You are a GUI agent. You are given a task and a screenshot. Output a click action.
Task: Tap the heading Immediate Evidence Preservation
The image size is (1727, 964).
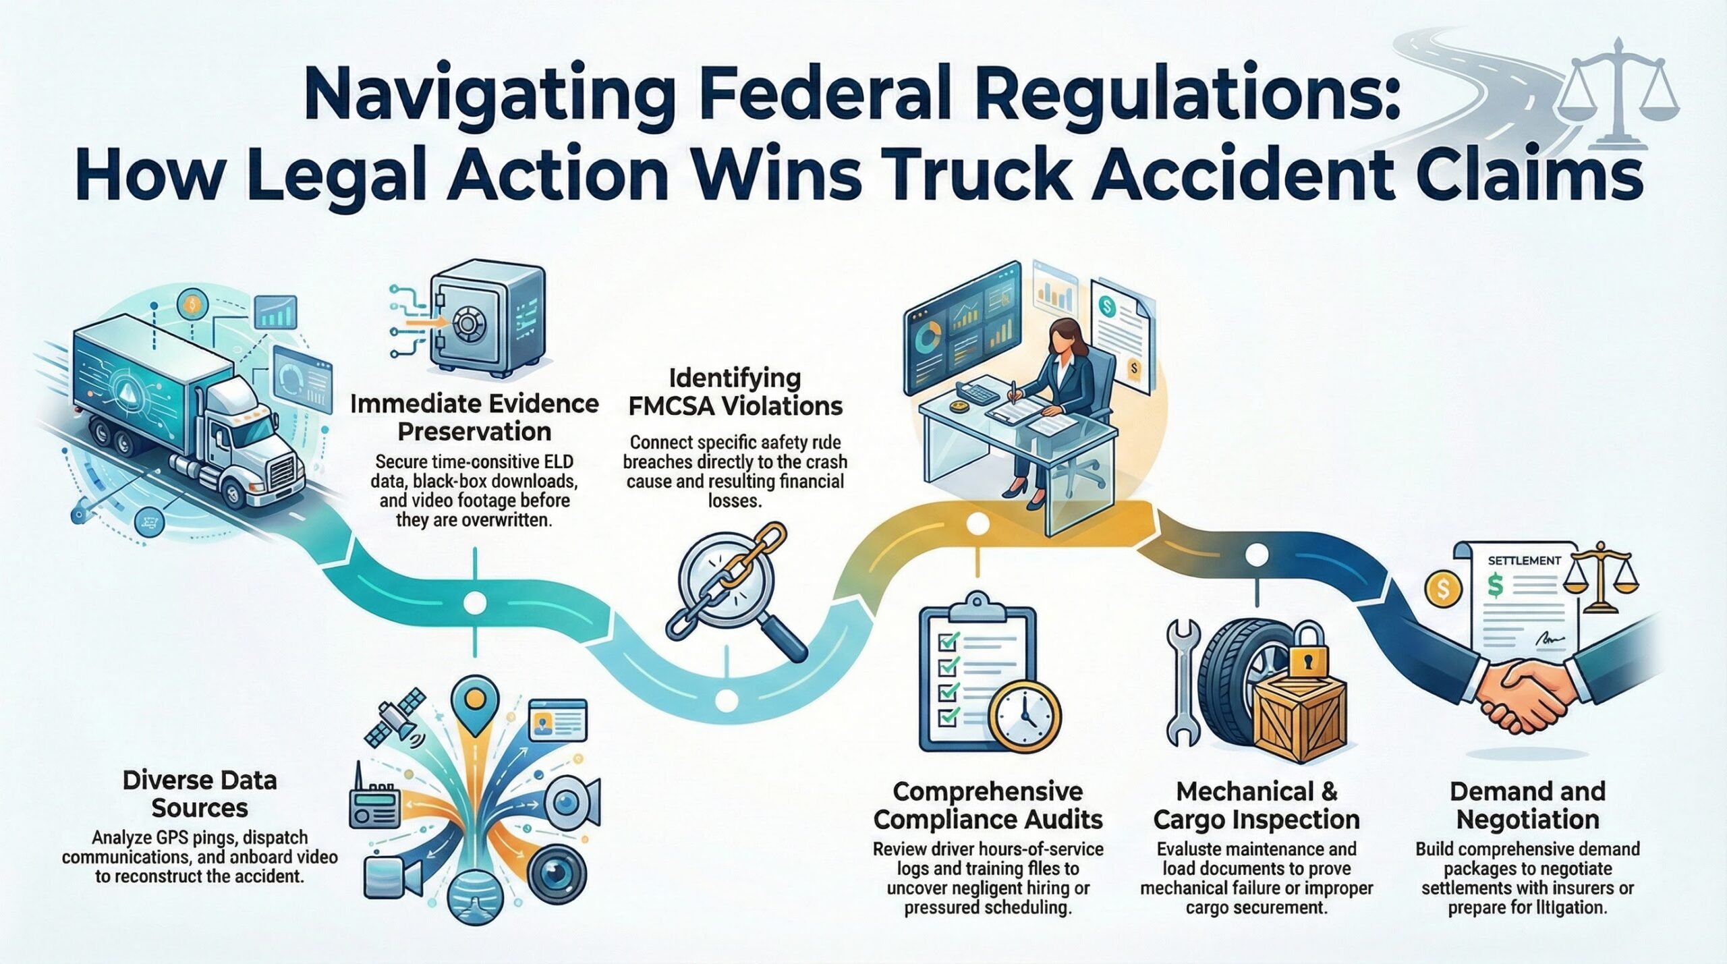474,418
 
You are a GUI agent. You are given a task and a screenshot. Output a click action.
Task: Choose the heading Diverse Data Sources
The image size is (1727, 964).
200,794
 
